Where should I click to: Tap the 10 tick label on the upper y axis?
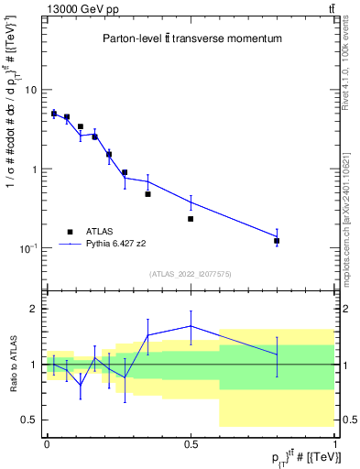tap(30, 90)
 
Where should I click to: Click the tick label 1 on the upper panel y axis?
tap(34, 169)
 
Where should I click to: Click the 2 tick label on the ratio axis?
tap(34, 309)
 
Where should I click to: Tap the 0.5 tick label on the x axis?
tap(191, 442)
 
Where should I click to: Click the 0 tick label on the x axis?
tap(47, 442)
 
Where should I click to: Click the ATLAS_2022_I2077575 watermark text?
tap(191, 274)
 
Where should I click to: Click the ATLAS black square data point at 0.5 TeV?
tap(191, 219)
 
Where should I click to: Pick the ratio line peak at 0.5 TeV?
tap(191, 325)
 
